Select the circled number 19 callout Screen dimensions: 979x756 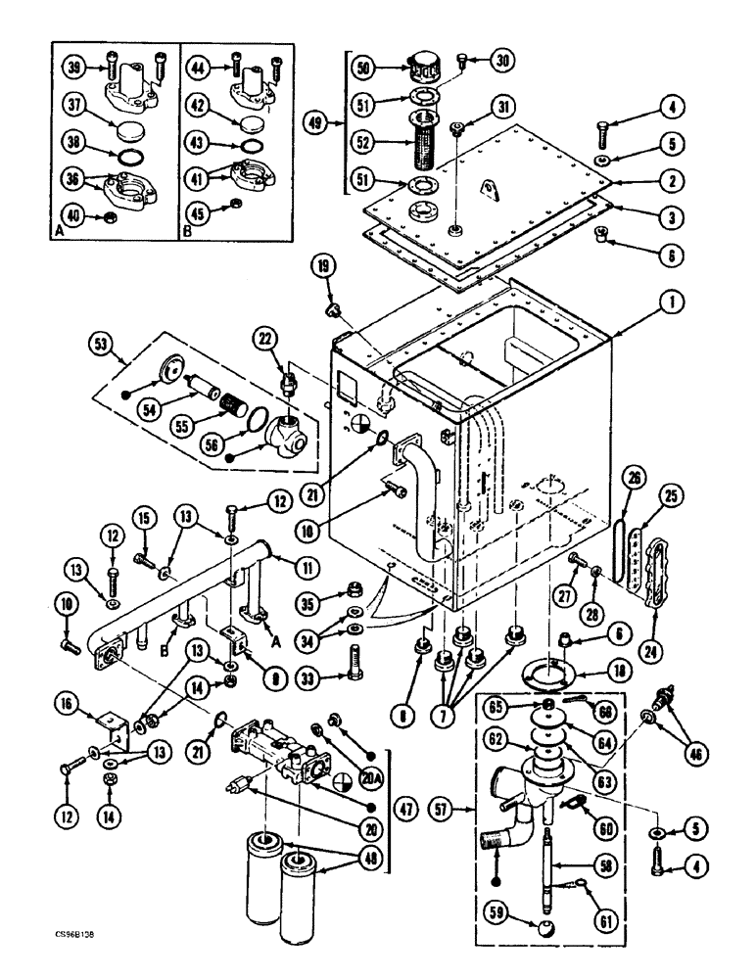pos(325,265)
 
